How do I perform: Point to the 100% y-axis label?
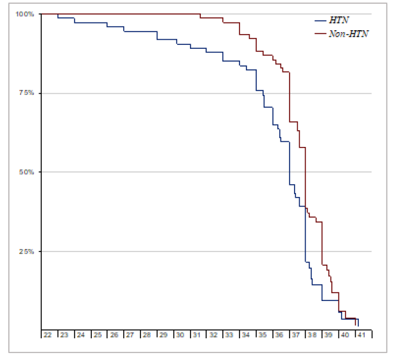[26, 13]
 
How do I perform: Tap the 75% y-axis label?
[27, 92]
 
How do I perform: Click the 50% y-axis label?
[27, 172]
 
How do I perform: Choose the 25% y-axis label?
[27, 251]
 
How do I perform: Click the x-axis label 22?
[48, 334]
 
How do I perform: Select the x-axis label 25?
[97, 334]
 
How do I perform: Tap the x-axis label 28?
[147, 334]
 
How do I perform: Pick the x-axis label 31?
[196, 334]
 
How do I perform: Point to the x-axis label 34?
[247, 334]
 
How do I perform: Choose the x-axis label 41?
[362, 334]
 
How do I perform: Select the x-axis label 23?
[64, 334]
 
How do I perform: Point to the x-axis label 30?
[180, 334]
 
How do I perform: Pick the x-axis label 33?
[230, 334]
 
